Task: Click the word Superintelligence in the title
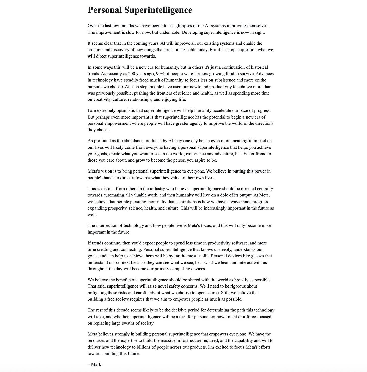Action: coord(158,10)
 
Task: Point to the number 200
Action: coord(132,74)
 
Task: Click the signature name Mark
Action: coord(96,364)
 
